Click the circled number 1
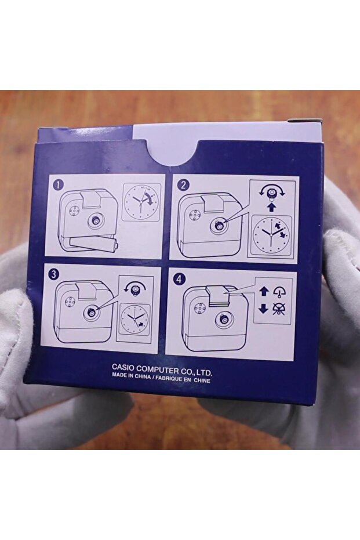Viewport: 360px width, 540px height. pos(58,185)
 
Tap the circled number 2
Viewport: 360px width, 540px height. pos(183,185)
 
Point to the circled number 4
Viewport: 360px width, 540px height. pos(178,280)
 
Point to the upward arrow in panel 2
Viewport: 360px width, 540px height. pos(271,206)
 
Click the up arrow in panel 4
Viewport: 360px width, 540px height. pos(263,291)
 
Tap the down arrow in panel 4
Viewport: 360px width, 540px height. pos(263,308)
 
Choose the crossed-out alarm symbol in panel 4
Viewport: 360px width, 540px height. pos(278,308)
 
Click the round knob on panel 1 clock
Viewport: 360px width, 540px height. pos(93,221)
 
